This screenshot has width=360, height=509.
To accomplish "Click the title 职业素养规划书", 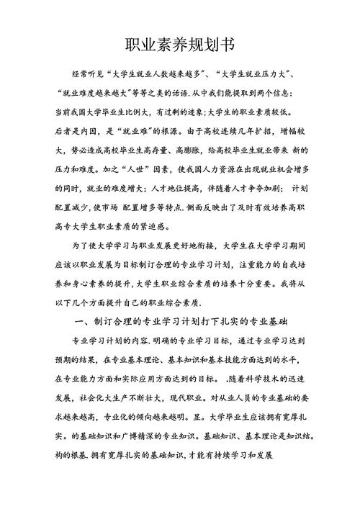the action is coord(179,45).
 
